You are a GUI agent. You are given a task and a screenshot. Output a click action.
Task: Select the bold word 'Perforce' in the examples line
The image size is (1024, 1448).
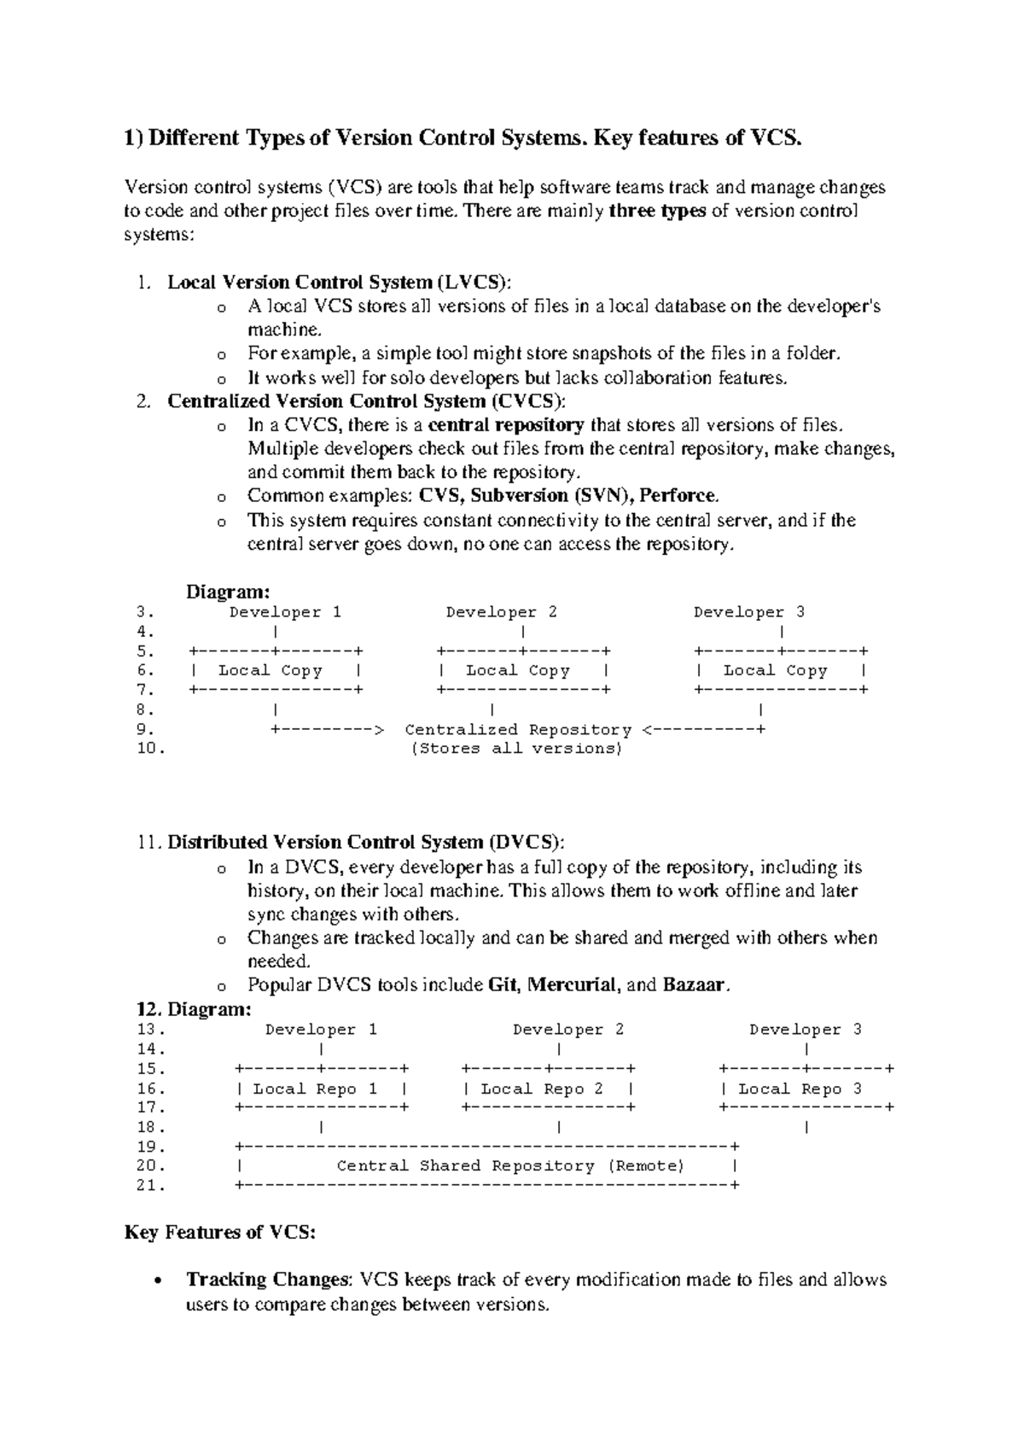pos(678,496)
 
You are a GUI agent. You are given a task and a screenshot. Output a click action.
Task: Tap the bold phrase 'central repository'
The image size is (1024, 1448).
pos(505,425)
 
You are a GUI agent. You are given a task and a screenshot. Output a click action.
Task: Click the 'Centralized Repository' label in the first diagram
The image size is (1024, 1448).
pos(517,730)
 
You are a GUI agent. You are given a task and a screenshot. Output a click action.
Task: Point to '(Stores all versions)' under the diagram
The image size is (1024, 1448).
pos(517,749)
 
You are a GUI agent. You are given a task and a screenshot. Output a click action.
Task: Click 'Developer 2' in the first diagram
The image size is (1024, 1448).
pos(501,612)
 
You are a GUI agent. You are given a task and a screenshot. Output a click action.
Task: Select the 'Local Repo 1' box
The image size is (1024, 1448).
pos(321,1089)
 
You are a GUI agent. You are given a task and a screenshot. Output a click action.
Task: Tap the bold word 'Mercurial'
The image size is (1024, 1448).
pos(572,985)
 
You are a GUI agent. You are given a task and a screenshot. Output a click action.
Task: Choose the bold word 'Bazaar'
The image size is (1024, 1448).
pos(695,985)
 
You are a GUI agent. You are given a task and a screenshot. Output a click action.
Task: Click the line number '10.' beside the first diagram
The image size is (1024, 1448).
pos(149,749)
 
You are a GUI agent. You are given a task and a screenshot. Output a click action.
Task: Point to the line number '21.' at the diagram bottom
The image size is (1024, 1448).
pos(149,1186)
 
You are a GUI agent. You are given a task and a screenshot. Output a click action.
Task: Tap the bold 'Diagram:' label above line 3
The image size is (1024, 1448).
pos(228,592)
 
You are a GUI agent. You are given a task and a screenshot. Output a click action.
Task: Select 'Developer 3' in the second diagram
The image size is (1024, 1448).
pos(805,1030)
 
